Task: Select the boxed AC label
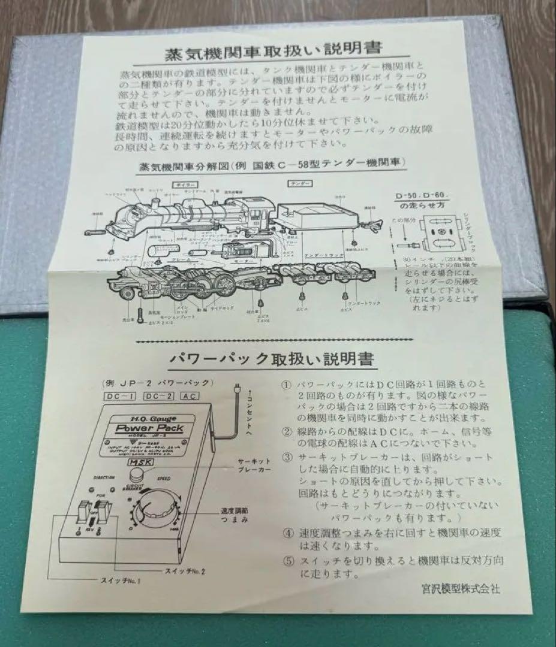coord(188,396)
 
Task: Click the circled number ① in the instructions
coord(287,384)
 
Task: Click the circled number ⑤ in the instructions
coord(287,561)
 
